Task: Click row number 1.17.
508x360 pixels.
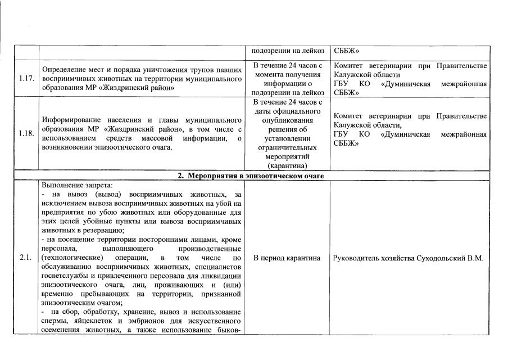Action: [26, 78]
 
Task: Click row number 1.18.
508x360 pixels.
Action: [26, 133]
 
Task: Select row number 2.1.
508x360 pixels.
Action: [25, 258]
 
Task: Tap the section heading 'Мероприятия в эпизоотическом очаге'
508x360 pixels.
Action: [259, 175]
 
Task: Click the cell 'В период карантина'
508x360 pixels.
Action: [287, 258]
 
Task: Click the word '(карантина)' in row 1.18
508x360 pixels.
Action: [287, 166]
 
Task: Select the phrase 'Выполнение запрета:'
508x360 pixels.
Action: [70, 184]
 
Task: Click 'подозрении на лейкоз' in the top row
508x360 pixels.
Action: [287, 51]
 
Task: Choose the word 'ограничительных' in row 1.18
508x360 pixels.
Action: [287, 149]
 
